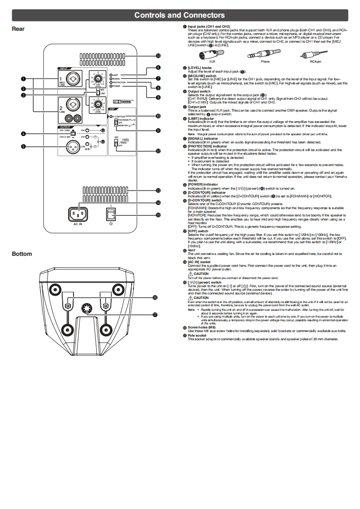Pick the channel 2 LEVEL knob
(98, 106)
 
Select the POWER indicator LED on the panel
(111, 86)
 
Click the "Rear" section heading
(18, 29)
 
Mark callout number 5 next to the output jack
(22, 146)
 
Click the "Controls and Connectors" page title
(179, 15)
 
